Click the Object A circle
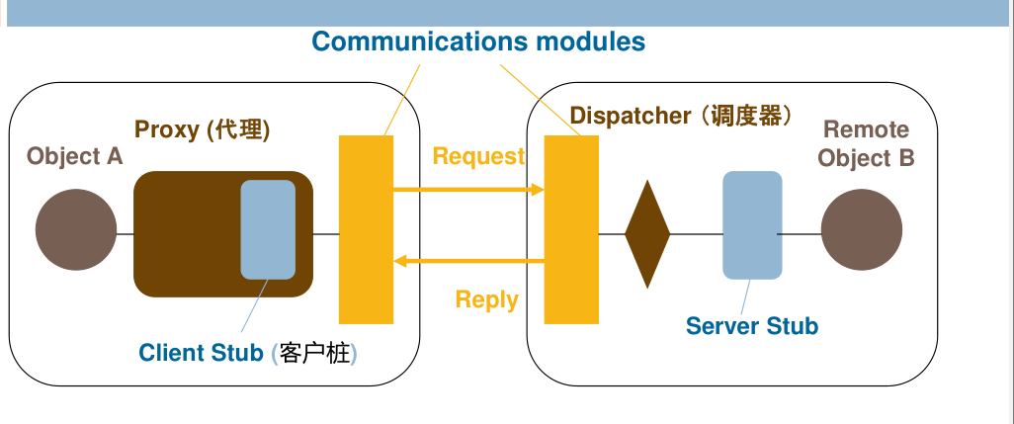click(76, 230)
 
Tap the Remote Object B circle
click(861, 230)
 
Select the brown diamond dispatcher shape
click(647, 234)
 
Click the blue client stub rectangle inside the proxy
click(268, 229)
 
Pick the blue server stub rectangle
click(752, 225)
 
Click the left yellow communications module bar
click(366, 229)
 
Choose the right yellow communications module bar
click(571, 229)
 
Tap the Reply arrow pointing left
click(469, 261)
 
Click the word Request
click(478, 156)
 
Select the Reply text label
click(486, 300)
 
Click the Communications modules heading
click(478, 42)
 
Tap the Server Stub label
click(751, 326)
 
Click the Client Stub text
click(201, 353)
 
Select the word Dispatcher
click(631, 116)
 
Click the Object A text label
click(75, 156)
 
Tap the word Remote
click(866, 129)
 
